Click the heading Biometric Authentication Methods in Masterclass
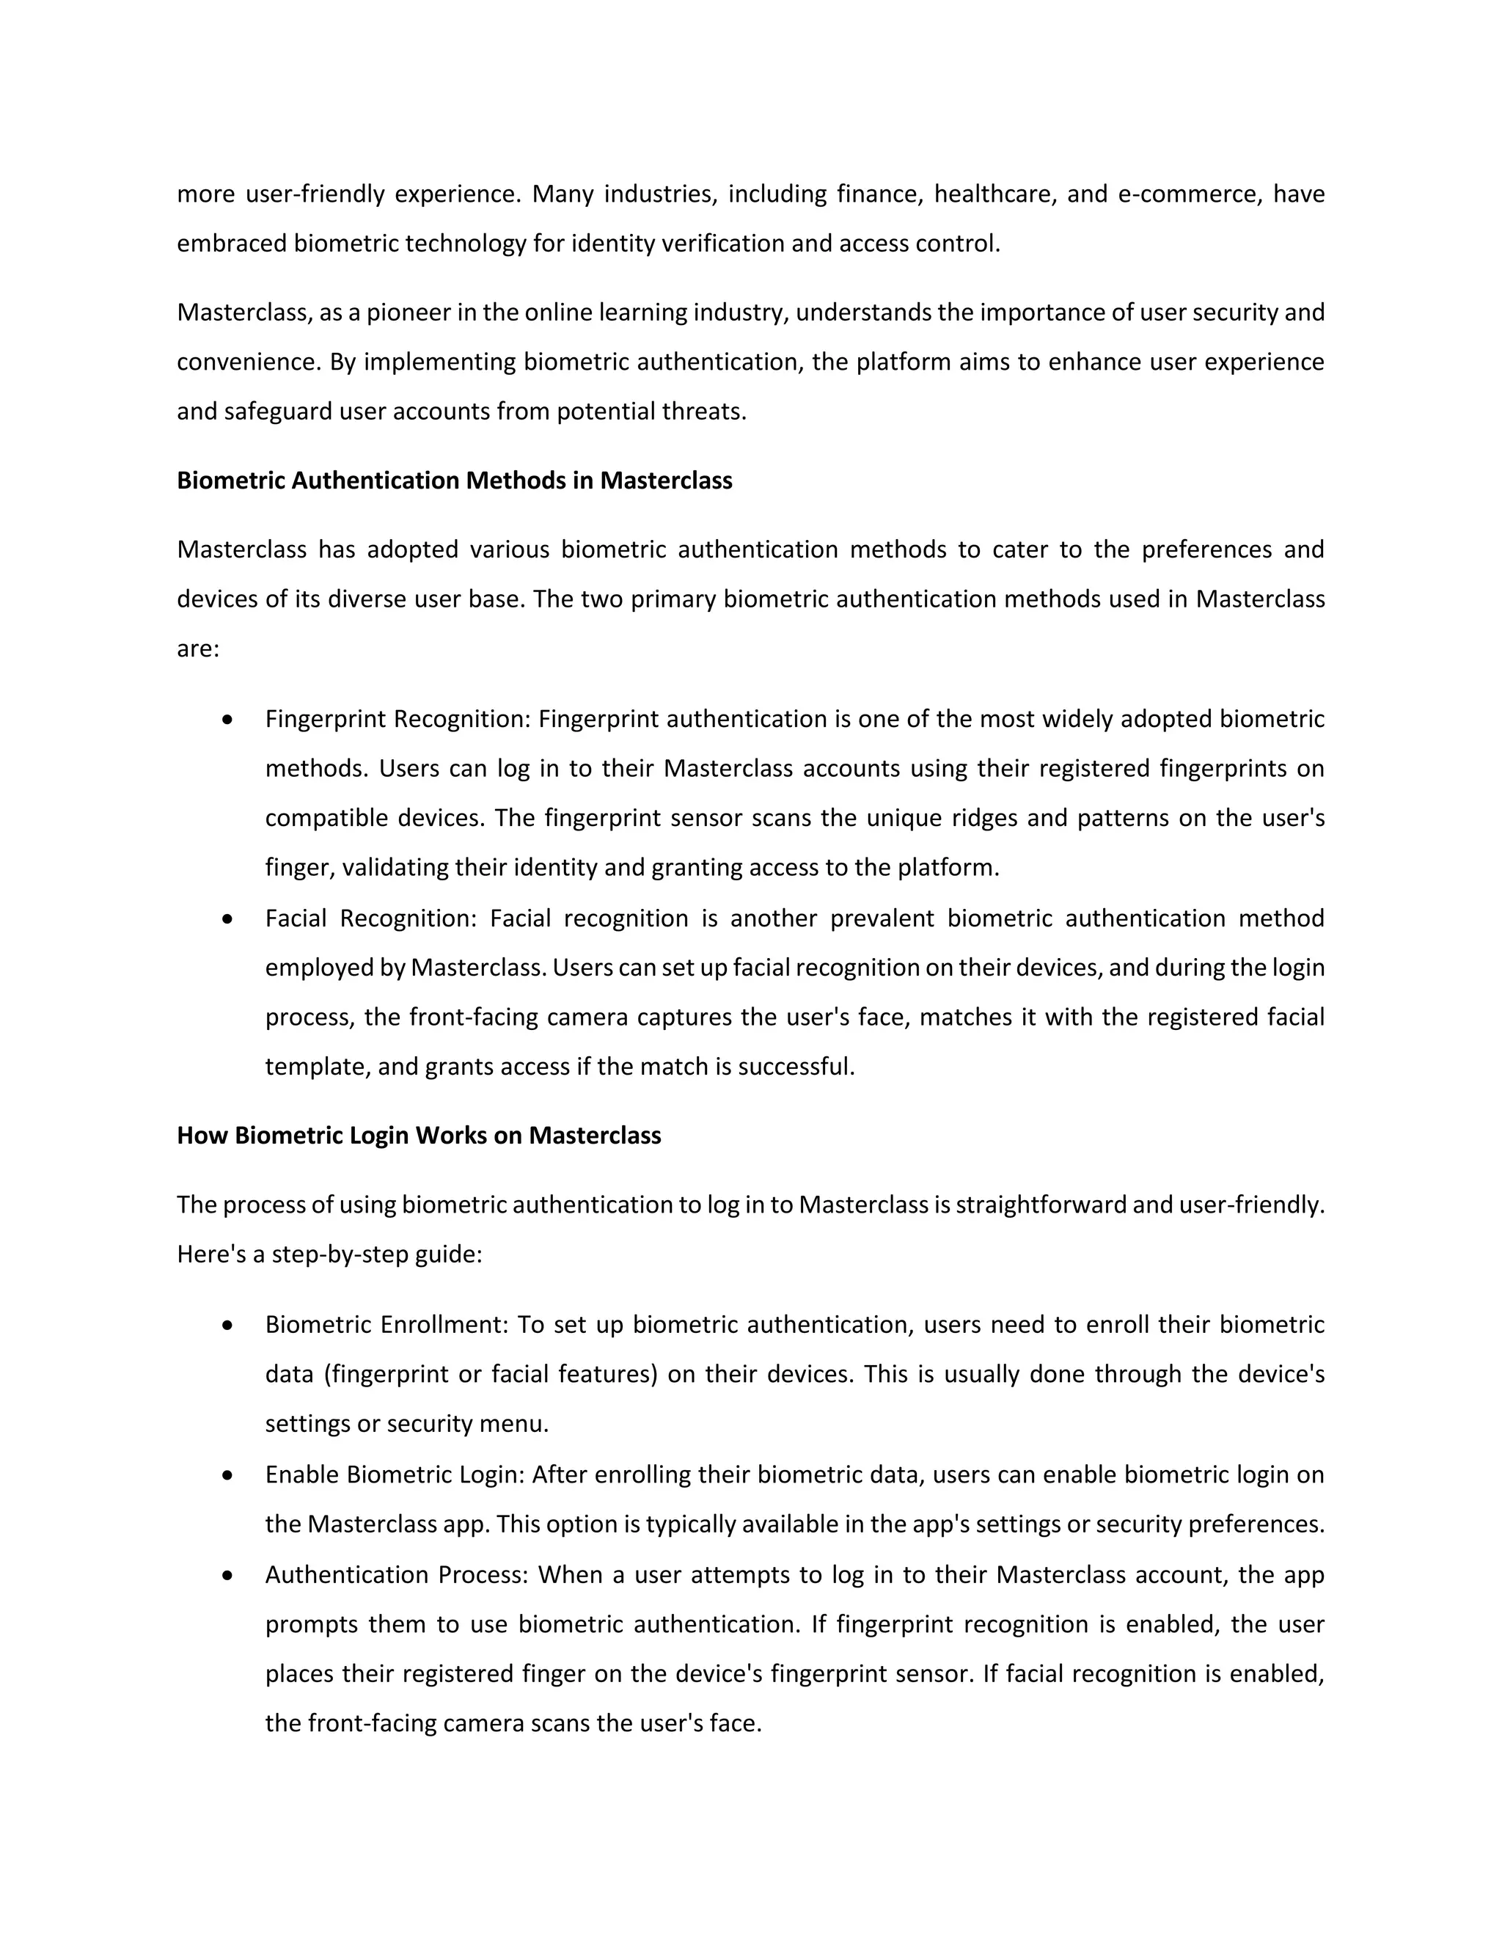454,480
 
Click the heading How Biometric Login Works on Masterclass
418,1136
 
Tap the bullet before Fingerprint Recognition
229,718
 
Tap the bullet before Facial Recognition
229,918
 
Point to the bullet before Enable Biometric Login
229,1475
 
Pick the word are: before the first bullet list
197,650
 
